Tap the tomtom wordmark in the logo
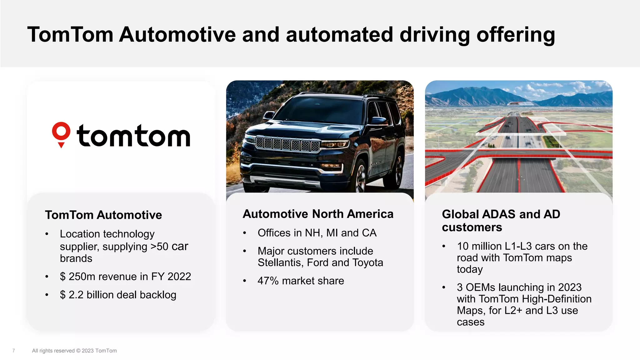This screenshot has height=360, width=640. tap(133, 136)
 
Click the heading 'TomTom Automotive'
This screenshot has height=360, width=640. tap(103, 215)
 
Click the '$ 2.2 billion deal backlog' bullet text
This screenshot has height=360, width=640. tap(118, 295)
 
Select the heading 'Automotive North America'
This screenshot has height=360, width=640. tap(318, 214)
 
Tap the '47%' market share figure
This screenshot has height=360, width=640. tap(268, 281)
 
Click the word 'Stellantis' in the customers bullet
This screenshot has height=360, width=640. tap(280, 263)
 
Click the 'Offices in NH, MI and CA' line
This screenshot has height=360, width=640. tap(317, 233)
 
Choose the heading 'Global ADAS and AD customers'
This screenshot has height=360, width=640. tap(501, 221)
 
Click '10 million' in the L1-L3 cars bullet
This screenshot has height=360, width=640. tap(478, 246)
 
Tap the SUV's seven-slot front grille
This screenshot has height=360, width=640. tap(287, 144)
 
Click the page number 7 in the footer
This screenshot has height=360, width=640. tap(13, 351)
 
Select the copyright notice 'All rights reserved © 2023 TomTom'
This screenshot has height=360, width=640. tap(74, 351)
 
